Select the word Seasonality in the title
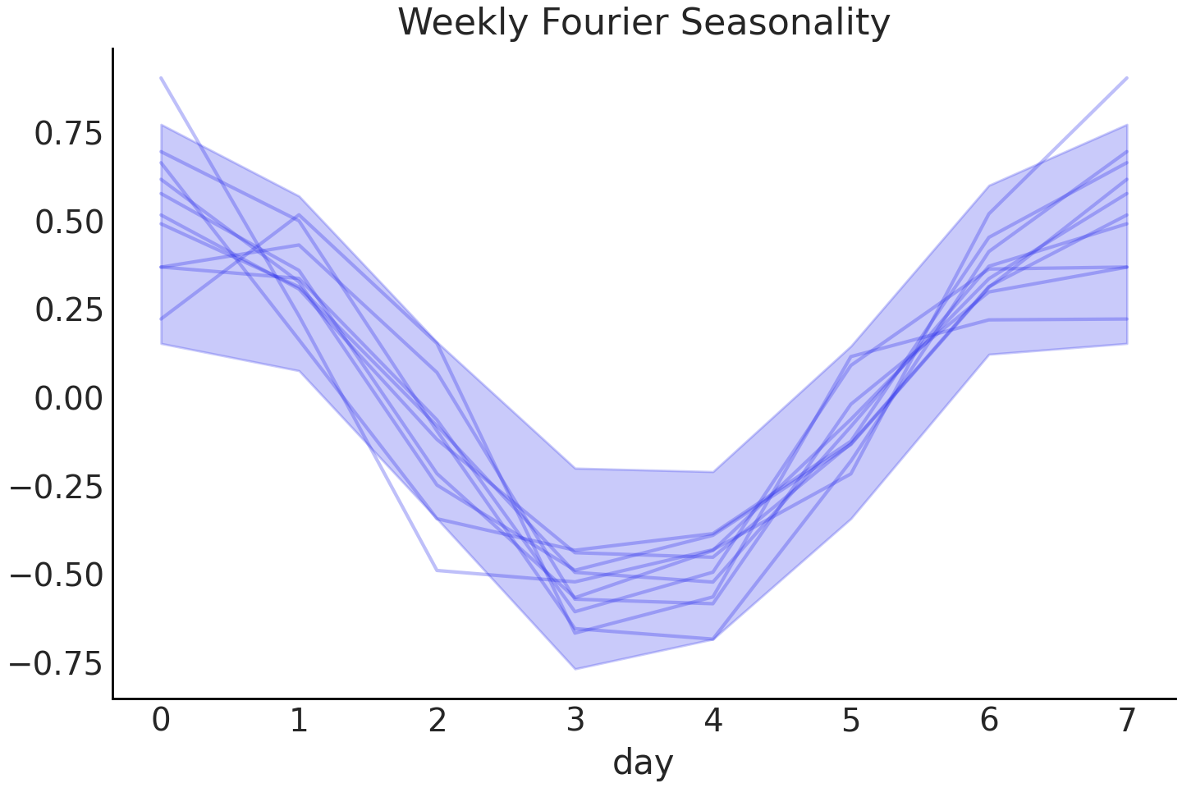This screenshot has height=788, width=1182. (x=786, y=22)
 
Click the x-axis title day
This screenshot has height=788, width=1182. (x=643, y=762)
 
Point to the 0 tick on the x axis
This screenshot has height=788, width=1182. (x=162, y=721)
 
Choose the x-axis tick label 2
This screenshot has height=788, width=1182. (x=438, y=721)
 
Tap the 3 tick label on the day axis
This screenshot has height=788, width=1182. (x=575, y=721)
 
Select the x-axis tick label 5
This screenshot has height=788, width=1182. (x=851, y=721)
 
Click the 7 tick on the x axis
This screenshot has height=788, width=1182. (x=1127, y=721)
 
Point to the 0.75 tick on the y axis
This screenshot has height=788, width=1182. (x=68, y=133)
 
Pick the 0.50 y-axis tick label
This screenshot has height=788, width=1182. (x=68, y=222)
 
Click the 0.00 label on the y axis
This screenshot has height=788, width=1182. (x=68, y=399)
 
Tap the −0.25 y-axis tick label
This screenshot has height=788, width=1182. (x=57, y=487)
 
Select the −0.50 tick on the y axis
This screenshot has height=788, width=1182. (x=57, y=575)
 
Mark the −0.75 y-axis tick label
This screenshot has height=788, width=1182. (x=57, y=663)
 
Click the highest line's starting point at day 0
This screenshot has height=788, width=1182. (x=162, y=78)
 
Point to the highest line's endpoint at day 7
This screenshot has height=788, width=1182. (x=1127, y=78)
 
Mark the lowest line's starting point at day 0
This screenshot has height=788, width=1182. (x=162, y=318)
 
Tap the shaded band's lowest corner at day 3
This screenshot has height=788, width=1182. (x=575, y=668)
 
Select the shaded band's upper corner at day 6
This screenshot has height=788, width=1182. (x=989, y=186)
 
